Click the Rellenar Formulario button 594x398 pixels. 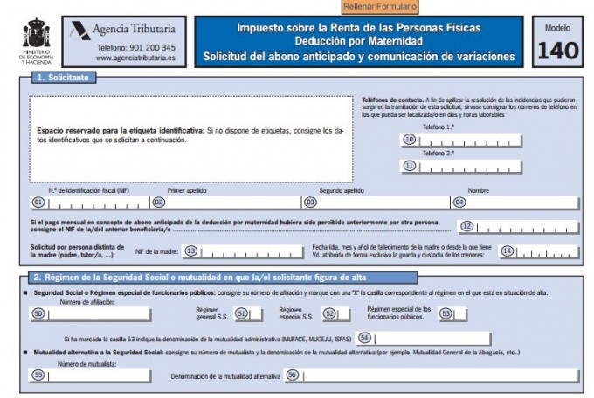(380, 7)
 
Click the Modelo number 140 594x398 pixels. (557, 50)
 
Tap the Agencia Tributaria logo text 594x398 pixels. (140, 28)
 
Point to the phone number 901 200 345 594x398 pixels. (136, 47)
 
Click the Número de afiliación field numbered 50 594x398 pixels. (98, 313)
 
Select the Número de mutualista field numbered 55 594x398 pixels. (98, 375)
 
